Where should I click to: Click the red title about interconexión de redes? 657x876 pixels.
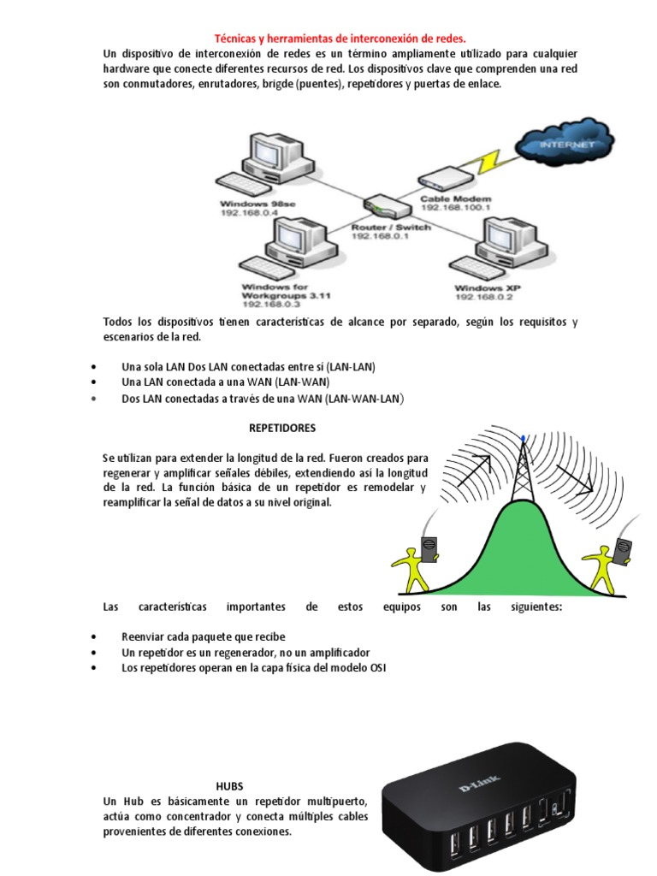click(340, 38)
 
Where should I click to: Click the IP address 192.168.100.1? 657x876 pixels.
click(455, 207)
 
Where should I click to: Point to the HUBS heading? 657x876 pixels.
click(230, 785)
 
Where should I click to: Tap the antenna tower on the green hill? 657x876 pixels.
click(523, 475)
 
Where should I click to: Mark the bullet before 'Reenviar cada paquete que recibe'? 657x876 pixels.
click(92, 637)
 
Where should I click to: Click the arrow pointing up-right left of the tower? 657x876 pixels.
click(476, 470)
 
